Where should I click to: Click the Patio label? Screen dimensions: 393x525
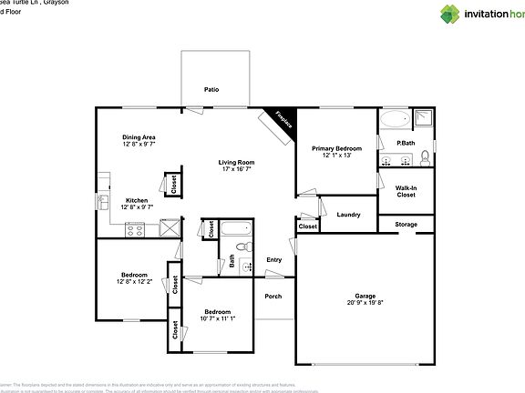(x=211, y=90)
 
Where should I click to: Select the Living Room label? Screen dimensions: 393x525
(x=235, y=163)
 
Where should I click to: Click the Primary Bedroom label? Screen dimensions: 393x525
(x=336, y=148)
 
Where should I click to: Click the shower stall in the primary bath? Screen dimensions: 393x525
(x=424, y=117)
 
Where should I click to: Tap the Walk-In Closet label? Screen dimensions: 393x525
(x=406, y=191)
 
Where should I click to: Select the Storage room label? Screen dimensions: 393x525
(x=407, y=224)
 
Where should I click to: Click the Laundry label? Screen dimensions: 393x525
(x=348, y=215)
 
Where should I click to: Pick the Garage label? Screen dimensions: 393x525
(x=365, y=296)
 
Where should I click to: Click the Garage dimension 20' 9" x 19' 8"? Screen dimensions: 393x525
(x=365, y=303)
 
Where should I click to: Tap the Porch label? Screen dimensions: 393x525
(x=273, y=296)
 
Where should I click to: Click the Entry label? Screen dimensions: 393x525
(x=274, y=260)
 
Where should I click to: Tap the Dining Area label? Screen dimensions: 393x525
(x=139, y=137)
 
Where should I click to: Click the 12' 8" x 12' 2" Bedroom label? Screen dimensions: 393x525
(x=135, y=274)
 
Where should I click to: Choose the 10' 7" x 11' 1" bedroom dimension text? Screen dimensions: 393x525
(x=217, y=317)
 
